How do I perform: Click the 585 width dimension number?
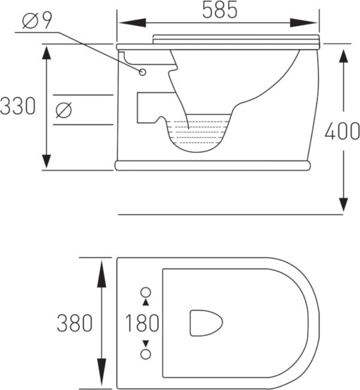[x=220, y=10]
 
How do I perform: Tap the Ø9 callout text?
[x=37, y=20]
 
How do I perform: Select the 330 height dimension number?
[x=18, y=106]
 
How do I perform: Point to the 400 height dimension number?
[x=342, y=131]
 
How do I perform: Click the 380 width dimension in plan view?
[x=75, y=323]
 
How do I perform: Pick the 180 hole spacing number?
[x=142, y=323]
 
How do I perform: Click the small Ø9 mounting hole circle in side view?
[x=142, y=72]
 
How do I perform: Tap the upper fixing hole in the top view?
[x=146, y=292]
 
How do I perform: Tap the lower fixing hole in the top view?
[x=146, y=354]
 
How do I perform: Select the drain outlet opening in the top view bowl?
[x=206, y=323]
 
